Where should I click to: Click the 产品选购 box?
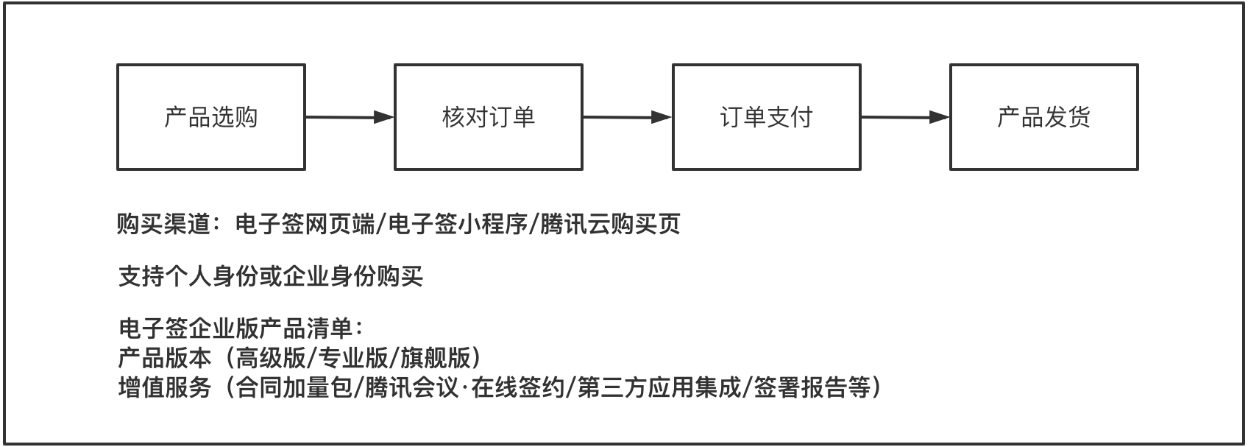(211, 117)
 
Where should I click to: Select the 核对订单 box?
(489, 117)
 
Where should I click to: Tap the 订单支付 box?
(767, 117)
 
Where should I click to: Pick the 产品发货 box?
(1044, 117)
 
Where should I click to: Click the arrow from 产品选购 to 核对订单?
(350, 117)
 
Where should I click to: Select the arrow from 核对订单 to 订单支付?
(628, 117)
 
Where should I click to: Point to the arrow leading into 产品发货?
(905, 117)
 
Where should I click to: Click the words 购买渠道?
(164, 225)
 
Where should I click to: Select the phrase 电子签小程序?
(458, 225)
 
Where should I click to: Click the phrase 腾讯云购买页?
(611, 225)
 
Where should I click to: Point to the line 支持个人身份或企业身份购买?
(271, 276)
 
